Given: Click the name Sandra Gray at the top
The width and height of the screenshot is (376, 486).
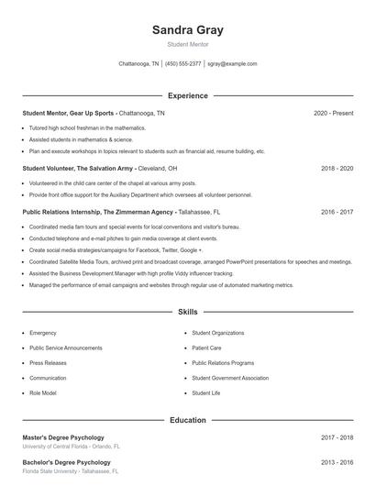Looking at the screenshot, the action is [x=187, y=30].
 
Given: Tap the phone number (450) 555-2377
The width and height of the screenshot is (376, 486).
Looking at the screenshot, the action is [x=182, y=64].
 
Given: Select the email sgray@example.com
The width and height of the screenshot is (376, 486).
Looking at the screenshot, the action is [x=232, y=64].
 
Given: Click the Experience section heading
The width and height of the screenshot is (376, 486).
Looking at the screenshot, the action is [x=187, y=95].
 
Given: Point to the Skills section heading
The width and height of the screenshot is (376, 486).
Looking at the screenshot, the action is [x=187, y=313].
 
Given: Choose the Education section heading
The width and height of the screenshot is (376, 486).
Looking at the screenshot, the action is [x=187, y=420].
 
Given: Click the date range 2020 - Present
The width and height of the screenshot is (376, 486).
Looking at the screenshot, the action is [x=333, y=113].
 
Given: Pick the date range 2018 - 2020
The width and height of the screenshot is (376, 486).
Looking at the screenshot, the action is [x=337, y=169].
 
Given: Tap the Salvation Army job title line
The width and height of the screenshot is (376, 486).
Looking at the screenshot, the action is [x=99, y=169].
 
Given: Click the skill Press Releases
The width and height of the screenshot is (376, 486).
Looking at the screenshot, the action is [x=48, y=362].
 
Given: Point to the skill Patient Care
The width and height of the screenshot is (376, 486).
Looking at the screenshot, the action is [x=206, y=348].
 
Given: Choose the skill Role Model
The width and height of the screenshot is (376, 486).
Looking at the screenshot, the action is [x=42, y=392].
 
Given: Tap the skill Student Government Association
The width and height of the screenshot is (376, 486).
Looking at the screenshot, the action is [x=229, y=378].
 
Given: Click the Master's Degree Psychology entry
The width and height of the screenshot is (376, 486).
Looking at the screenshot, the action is [x=63, y=437].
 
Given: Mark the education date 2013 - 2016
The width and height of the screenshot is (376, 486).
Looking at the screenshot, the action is [x=337, y=462].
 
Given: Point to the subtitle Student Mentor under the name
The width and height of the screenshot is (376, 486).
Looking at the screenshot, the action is [x=187, y=44].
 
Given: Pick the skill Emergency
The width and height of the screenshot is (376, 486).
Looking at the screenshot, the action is [x=42, y=333].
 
